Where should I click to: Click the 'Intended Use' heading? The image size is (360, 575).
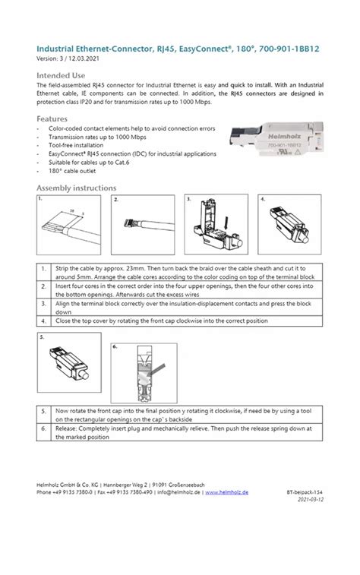61,76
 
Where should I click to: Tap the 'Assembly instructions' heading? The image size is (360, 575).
77,188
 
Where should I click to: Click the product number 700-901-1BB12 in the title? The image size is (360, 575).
289,49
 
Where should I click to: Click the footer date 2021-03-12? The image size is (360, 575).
308,501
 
